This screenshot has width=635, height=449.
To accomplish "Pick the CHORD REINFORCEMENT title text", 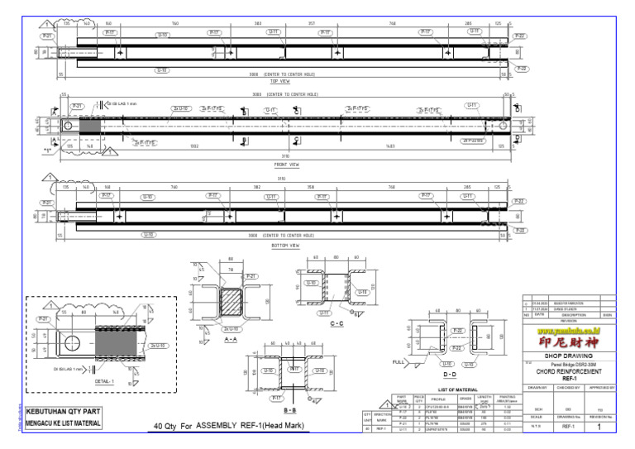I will pos(569,372).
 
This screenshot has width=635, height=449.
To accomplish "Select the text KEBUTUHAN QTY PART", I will pos(65,411).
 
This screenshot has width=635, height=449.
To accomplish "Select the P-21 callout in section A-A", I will pos(251,275).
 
